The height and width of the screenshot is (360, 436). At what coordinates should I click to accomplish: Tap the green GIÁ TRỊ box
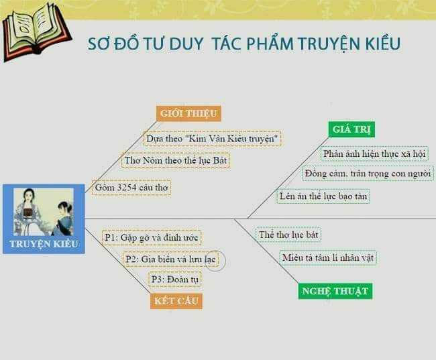click(353, 129)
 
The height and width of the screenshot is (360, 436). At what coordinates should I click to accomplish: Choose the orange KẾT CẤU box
click(176, 300)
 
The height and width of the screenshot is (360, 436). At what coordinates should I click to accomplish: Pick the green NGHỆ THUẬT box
click(335, 290)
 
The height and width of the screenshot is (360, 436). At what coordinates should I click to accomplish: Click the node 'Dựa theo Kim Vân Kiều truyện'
click(213, 139)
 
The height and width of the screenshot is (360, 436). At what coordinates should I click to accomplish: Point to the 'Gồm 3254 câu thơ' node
click(131, 188)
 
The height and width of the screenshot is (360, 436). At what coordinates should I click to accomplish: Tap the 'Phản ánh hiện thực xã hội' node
click(374, 154)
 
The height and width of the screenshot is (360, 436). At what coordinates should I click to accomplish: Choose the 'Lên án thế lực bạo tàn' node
click(323, 196)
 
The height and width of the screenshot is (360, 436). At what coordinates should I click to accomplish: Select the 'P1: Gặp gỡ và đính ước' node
click(152, 237)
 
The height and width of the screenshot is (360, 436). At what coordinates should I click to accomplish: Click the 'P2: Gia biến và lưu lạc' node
click(171, 259)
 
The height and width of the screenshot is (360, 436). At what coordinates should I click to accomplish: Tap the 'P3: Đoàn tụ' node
click(174, 279)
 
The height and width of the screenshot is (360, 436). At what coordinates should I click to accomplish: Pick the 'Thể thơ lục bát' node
click(288, 235)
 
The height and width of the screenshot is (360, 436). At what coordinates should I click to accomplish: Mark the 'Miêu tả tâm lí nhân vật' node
click(328, 257)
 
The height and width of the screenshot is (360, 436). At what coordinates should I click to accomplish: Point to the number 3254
click(131, 188)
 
